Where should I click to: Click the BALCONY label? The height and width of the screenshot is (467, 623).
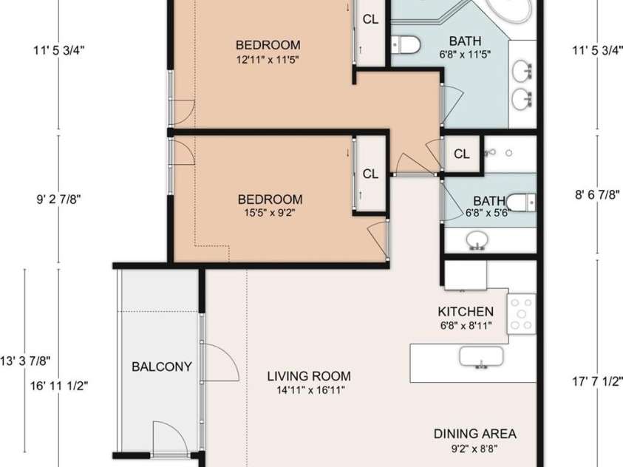(162, 367)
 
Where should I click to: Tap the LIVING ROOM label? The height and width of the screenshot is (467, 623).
(309, 376)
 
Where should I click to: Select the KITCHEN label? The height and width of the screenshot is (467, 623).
(466, 312)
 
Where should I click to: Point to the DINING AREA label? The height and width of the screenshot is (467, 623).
(474, 434)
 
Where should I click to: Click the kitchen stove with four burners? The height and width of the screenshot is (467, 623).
(521, 314)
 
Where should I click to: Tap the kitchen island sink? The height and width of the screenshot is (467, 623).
(481, 357)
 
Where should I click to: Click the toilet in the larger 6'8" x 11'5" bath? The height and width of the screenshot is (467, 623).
(405, 45)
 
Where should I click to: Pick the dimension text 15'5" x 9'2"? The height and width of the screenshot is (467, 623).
(270, 214)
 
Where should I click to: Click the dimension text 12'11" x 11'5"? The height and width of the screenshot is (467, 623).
(268, 61)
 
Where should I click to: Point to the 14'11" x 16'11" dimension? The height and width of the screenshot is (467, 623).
(310, 390)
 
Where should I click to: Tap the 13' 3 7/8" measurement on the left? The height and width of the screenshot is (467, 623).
(25, 361)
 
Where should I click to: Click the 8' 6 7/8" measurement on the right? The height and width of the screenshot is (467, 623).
(598, 195)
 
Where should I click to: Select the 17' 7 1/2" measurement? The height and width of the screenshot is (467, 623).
(597, 381)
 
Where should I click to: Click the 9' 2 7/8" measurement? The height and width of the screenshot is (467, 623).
(59, 199)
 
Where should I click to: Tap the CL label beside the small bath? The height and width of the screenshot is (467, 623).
(461, 154)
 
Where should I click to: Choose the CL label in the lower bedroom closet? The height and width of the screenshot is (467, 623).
(370, 174)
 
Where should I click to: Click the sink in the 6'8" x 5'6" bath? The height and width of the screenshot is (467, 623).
(477, 240)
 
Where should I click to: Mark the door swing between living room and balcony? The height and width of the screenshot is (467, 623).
(222, 362)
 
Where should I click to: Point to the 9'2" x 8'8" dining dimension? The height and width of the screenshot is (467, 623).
(474, 449)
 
